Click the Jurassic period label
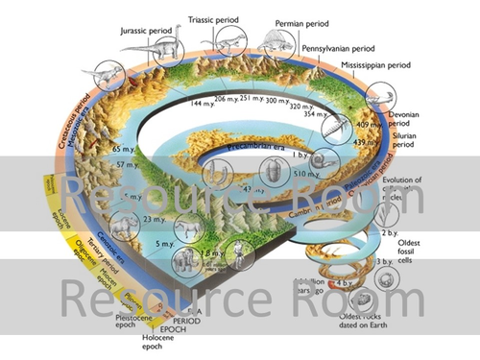[x=152, y=30]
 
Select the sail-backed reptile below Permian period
[x=275, y=41]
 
